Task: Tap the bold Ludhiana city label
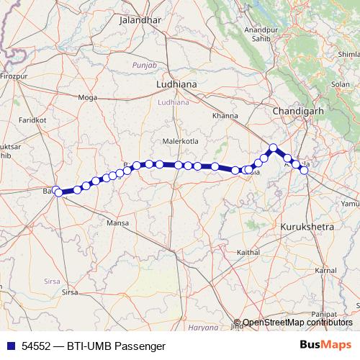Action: tap(176, 84)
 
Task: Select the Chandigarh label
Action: tap(297, 112)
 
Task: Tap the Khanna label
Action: tap(225, 116)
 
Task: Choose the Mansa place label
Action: tap(117, 225)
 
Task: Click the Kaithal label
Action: tap(248, 253)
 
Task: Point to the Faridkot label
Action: tap(32, 120)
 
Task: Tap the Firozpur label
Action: tap(13, 75)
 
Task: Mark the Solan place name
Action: tap(340, 85)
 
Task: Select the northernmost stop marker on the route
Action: tap(273, 148)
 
